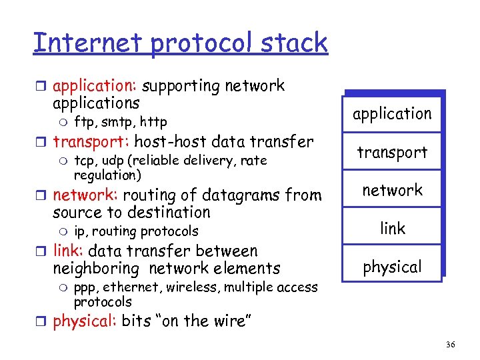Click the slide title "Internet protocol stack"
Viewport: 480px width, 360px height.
[x=180, y=43]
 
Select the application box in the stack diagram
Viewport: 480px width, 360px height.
[x=392, y=114]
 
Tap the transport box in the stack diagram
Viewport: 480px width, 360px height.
[x=392, y=152]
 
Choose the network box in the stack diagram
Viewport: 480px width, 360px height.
[x=392, y=190]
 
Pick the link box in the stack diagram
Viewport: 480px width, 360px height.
[x=392, y=229]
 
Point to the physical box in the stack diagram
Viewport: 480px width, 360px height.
[x=392, y=267]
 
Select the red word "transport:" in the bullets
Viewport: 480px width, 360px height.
[x=91, y=142]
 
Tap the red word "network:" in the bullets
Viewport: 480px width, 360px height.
[x=85, y=195]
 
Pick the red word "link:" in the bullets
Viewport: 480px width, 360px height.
[x=68, y=251]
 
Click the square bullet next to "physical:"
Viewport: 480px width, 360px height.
[x=42, y=321]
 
